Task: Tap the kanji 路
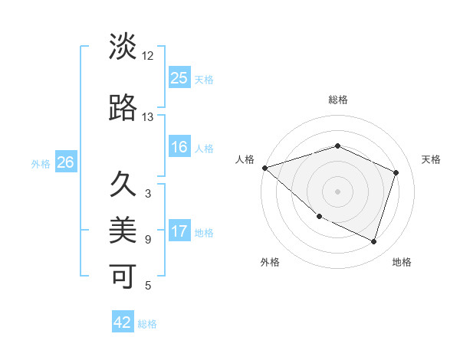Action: point(123,108)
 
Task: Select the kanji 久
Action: point(123,184)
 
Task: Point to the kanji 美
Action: point(123,229)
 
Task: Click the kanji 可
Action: point(123,275)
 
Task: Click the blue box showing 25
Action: point(179,78)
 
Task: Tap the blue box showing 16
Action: point(179,147)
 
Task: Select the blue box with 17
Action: point(179,231)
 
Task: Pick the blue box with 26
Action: point(65,162)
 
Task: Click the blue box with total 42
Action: point(123,322)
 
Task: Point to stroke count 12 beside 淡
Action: point(148,57)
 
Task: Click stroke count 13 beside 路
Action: point(148,118)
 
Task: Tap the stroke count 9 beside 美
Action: point(148,240)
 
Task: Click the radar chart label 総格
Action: point(337,100)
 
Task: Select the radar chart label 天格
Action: point(431,159)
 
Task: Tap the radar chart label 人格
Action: point(245,159)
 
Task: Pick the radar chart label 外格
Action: point(270,262)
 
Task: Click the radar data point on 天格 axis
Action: point(396,172)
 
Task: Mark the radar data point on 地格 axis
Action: point(373,241)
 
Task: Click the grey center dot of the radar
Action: point(337,191)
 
